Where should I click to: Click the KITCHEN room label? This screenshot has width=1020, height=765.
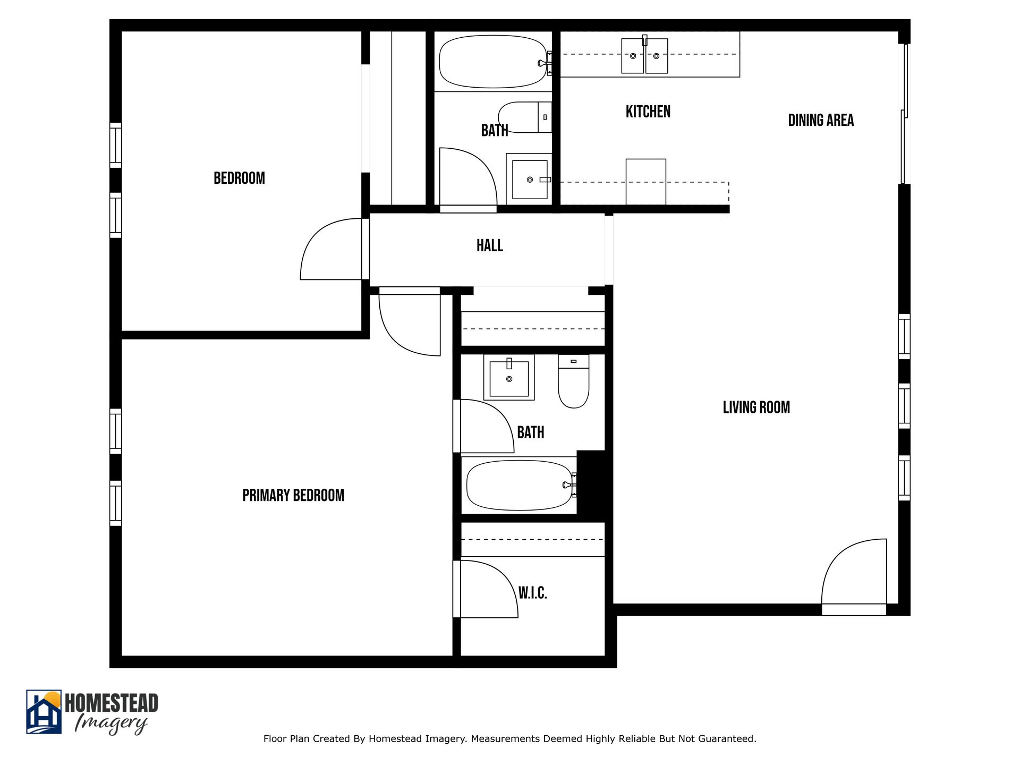pos(648,112)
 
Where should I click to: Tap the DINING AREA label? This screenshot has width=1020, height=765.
pos(821,121)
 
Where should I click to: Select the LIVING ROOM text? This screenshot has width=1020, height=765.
pos(756,407)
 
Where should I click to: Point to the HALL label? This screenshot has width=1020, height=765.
pos(489,245)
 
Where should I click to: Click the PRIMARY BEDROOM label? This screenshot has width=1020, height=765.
pos(293,496)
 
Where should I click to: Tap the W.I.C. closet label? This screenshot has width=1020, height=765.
pos(532,593)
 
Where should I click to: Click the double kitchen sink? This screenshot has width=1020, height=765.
pos(644,56)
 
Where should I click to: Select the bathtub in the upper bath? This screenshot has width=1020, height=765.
pos(492,62)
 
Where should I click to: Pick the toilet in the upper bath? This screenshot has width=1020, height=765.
pos(523,117)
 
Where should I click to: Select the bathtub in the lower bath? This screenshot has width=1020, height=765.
pos(518,485)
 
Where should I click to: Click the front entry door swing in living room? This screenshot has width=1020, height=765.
pos(853,574)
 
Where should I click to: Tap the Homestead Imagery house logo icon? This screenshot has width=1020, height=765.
pos(44,712)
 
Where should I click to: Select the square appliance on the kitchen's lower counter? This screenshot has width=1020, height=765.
pos(645,181)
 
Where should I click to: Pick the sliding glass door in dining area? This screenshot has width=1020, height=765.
pos(904,114)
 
